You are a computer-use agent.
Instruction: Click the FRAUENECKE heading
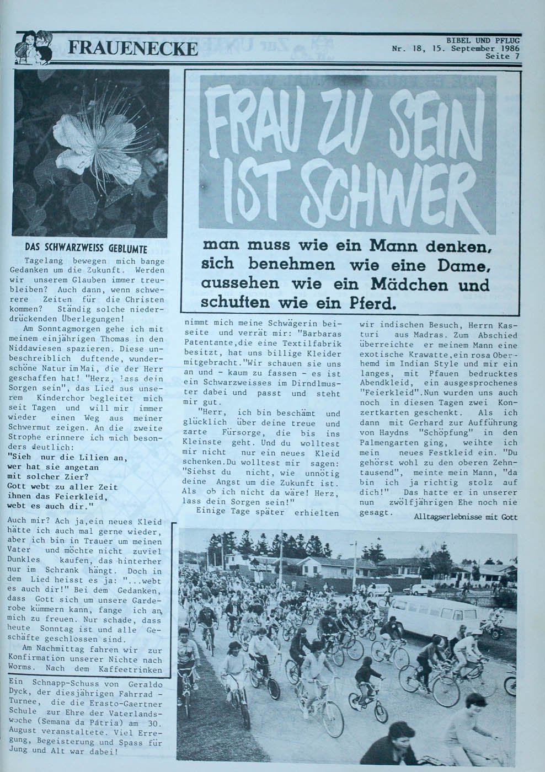(x=132, y=49)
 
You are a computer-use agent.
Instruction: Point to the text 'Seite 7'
(x=503, y=56)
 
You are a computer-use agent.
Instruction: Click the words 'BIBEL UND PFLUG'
(x=483, y=40)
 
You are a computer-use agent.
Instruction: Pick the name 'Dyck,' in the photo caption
(x=22, y=692)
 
